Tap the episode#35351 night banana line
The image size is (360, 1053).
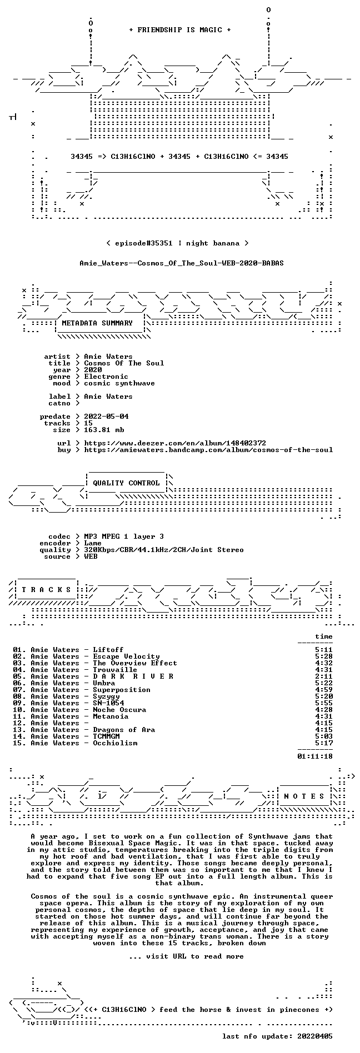coord(177,243)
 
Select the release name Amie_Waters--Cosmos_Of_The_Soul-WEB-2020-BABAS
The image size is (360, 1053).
coord(182,263)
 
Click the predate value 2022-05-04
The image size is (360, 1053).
coord(106,417)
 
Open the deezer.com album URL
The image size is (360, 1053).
coord(175,443)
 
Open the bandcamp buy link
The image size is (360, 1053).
coord(208,450)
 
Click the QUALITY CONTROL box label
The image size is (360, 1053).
coord(126,483)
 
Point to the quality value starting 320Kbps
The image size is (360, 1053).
coord(164,550)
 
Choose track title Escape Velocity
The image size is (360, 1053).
coord(126,656)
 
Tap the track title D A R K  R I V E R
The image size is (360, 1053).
coord(133,676)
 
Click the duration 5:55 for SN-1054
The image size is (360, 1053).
coord(324,703)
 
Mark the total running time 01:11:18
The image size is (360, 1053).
coord(315,756)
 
